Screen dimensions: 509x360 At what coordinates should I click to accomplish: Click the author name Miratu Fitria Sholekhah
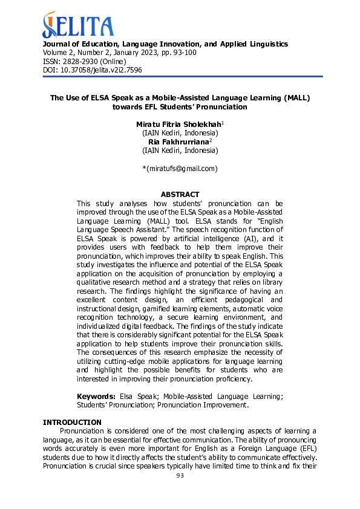(178, 124)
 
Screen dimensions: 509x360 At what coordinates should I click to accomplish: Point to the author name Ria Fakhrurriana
(178, 141)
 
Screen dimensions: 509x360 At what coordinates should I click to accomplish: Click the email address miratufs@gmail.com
(181, 168)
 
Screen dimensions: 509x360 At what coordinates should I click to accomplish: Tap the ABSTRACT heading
(180, 195)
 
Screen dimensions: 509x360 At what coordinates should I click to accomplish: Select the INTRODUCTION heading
(71, 422)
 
